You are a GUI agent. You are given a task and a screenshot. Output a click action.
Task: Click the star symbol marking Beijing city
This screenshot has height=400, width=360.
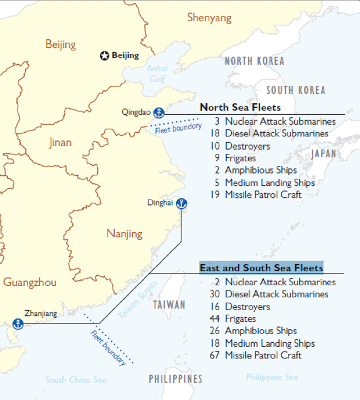point(104,56)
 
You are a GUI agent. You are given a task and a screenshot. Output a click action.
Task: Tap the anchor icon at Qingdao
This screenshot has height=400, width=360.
point(158,113)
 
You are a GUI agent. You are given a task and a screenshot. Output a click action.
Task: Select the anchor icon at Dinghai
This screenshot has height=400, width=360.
point(181,204)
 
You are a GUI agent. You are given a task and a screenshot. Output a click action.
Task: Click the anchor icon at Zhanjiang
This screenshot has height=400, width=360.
point(18,323)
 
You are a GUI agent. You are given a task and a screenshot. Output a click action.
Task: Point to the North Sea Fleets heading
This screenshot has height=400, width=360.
point(240,107)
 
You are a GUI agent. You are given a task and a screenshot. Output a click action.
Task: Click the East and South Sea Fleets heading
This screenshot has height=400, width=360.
point(261,268)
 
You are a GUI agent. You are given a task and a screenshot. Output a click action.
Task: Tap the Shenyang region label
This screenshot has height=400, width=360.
point(209,18)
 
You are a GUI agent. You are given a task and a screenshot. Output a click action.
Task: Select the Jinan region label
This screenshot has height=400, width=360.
point(60,143)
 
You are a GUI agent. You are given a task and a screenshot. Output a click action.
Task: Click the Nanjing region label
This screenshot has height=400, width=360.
point(124,234)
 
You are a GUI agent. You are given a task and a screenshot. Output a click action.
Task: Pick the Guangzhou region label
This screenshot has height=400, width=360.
point(30,282)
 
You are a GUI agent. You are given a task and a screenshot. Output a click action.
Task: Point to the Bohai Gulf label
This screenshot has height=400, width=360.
point(157,74)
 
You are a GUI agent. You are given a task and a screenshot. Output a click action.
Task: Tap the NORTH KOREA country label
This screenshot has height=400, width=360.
point(254,61)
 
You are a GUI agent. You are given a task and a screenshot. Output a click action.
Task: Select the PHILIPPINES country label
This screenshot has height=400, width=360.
point(175,379)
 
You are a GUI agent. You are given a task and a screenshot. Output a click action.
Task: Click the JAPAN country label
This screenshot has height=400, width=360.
point(324,154)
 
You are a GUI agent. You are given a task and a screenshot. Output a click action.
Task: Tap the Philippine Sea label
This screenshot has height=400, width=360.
point(272,377)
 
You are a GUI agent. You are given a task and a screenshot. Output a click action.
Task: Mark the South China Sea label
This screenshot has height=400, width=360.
point(76,380)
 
